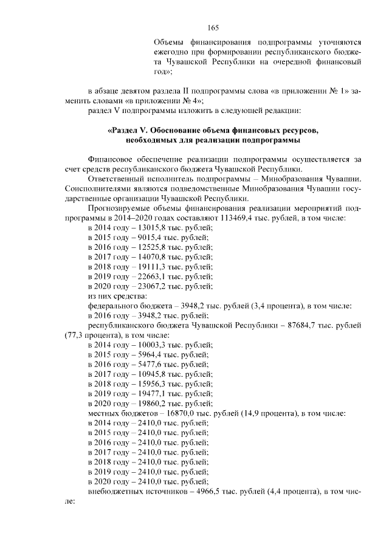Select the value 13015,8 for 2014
(145, 227)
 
